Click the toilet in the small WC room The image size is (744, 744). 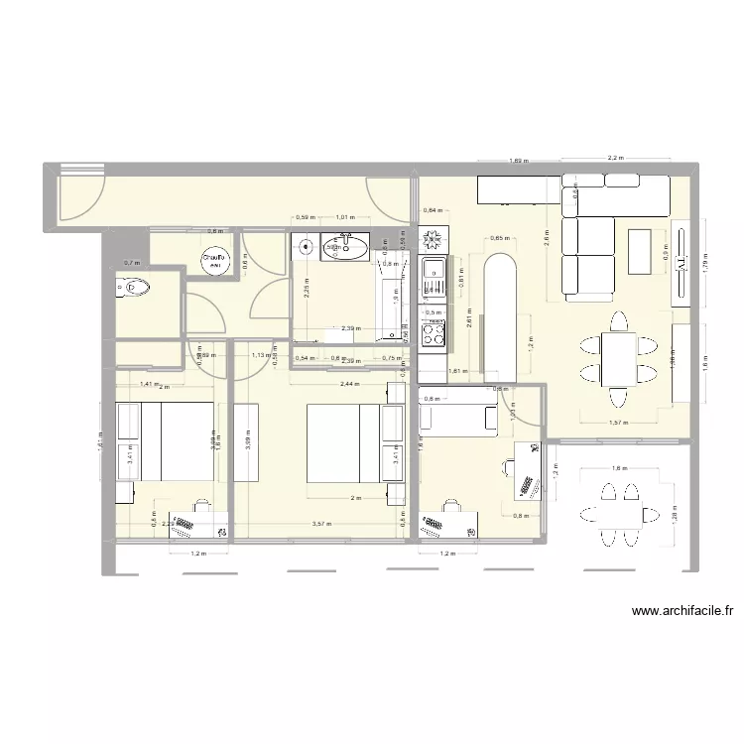(136, 288)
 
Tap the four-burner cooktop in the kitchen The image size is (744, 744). (434, 241)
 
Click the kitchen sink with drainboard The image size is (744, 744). (434, 282)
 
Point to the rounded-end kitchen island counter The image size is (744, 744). (500, 313)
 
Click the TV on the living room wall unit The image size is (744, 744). (681, 262)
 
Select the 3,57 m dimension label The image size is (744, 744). (321, 524)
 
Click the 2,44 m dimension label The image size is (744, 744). (348, 382)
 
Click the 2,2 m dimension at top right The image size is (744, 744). (615, 158)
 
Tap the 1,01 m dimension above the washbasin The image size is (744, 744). (345, 216)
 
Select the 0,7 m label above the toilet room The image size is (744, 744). (131, 263)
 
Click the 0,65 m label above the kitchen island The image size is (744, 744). (500, 238)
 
